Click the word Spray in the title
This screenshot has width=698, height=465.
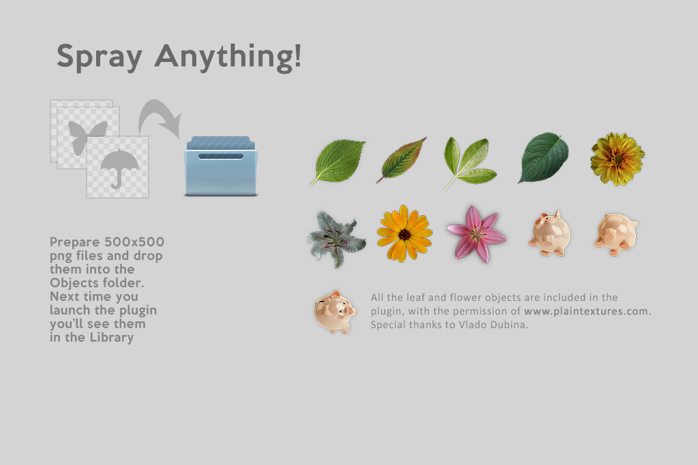[x=100, y=57]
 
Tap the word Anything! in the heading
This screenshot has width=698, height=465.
[x=228, y=57]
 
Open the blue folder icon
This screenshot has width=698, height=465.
[x=221, y=166]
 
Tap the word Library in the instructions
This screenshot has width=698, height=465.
[x=112, y=338]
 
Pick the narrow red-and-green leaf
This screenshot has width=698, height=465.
[x=401, y=160]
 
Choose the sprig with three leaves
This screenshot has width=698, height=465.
[x=470, y=162]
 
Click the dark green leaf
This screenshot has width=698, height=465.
[x=543, y=158]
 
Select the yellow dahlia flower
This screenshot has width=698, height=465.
[x=618, y=159]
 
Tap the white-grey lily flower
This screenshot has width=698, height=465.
[x=337, y=239]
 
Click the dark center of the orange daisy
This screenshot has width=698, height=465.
[x=404, y=234]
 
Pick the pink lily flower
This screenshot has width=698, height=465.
[x=476, y=234]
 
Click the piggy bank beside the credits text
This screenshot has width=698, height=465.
[x=335, y=312]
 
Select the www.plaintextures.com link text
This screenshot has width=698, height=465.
[x=588, y=311]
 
